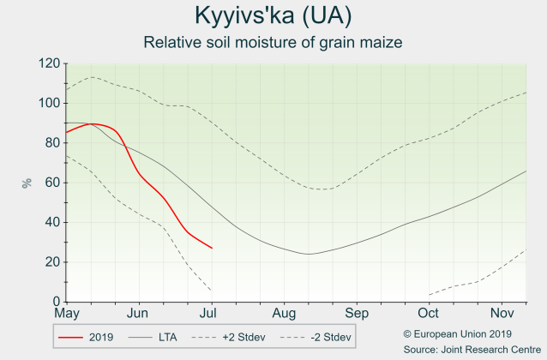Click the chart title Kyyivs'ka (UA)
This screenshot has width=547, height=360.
[x=273, y=16]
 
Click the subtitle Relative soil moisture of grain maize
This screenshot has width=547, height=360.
[x=273, y=42]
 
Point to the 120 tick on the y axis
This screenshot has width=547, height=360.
[x=48, y=64]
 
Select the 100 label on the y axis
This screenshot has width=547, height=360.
[x=48, y=104]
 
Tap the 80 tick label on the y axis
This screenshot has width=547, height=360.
[x=51, y=143]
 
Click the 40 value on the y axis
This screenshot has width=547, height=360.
[x=51, y=222]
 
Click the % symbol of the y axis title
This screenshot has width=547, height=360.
[x=27, y=183]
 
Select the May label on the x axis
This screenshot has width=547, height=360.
[x=66, y=315]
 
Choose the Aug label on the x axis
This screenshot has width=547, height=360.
[x=285, y=315]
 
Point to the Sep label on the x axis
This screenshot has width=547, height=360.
[x=358, y=315]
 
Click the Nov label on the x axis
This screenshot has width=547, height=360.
[x=502, y=315]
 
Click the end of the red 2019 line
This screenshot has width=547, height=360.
[x=212, y=249]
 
